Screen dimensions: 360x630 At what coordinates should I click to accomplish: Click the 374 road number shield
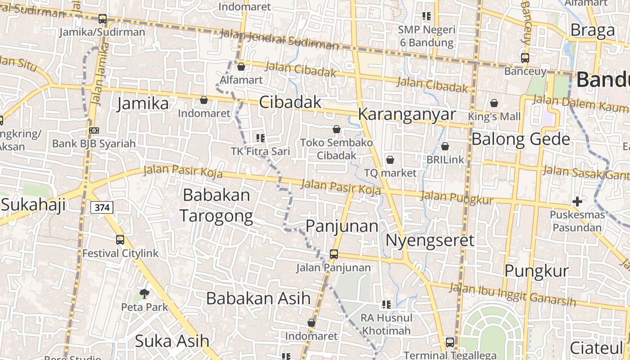pyautogui.click(x=102, y=207)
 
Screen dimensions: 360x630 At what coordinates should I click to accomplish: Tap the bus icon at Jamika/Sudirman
pyautogui.click(x=103, y=19)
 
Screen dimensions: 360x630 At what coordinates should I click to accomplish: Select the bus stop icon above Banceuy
pyautogui.click(x=525, y=58)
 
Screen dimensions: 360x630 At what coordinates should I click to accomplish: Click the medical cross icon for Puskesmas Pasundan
pyautogui.click(x=577, y=201)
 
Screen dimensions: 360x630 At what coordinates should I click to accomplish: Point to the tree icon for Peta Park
pyautogui.click(x=144, y=294)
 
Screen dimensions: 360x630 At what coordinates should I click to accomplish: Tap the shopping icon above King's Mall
pyautogui.click(x=494, y=103)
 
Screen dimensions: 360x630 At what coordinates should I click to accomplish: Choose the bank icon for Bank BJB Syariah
pyautogui.click(x=94, y=130)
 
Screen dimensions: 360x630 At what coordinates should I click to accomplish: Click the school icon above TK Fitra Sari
pyautogui.click(x=261, y=138)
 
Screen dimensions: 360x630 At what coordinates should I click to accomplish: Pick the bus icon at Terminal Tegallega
pyautogui.click(x=450, y=342)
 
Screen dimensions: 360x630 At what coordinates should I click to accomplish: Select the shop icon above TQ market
pyautogui.click(x=390, y=160)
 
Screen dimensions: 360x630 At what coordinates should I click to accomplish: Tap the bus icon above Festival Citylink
pyautogui.click(x=120, y=240)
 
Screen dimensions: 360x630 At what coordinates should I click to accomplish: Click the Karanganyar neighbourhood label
pyautogui.click(x=407, y=114)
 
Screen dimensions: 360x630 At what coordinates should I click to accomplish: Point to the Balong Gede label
pyautogui.click(x=521, y=139)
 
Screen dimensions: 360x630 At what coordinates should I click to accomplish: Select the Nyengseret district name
pyautogui.click(x=430, y=240)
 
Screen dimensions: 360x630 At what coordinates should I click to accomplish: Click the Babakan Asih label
pyautogui.click(x=258, y=298)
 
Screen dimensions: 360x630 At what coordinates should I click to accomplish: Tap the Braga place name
pyautogui.click(x=592, y=30)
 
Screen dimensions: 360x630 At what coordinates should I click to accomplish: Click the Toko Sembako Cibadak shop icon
pyautogui.click(x=337, y=130)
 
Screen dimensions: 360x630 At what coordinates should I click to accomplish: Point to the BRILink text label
pyautogui.click(x=445, y=159)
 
